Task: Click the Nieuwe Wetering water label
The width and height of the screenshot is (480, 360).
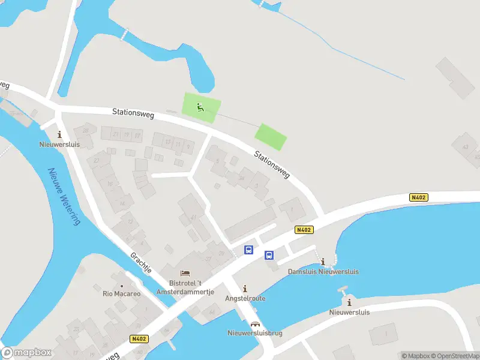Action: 63,196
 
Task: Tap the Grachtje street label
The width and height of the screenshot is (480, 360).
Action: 141,263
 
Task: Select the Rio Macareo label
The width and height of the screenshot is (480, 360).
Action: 121,294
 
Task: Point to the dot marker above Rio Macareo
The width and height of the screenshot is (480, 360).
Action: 121,286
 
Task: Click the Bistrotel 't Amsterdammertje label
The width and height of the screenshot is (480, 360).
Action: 184,287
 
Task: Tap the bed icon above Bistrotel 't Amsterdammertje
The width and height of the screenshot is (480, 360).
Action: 184,274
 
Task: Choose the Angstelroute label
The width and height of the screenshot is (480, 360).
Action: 245,298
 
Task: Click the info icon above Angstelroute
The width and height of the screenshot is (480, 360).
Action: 244,289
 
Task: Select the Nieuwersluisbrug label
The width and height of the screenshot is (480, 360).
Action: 255,333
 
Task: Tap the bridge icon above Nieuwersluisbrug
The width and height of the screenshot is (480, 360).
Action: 255,324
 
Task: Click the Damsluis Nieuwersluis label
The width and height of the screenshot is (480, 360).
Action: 323,272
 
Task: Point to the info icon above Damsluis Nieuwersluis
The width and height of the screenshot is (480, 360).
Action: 323,262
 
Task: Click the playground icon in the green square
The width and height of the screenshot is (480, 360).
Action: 201,108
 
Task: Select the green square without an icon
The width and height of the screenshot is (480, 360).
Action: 271,137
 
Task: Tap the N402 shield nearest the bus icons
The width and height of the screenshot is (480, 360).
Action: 304,229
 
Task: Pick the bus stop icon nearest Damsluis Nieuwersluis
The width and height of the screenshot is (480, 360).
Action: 269,255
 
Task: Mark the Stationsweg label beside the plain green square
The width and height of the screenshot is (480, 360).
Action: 271,164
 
